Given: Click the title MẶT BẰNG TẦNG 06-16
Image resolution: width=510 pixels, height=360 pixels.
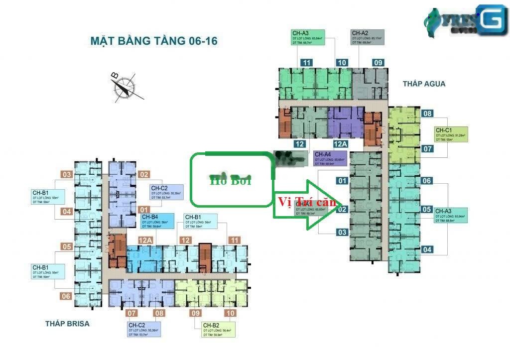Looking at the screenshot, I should pyautogui.click(x=154, y=41).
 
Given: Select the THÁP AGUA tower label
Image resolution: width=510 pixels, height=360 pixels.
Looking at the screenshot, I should pyautogui.click(x=424, y=84).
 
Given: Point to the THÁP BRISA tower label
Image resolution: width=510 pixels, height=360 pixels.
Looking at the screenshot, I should pyautogui.click(x=67, y=324).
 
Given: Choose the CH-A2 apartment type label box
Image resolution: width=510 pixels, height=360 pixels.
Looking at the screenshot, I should pyautogui.click(x=368, y=38).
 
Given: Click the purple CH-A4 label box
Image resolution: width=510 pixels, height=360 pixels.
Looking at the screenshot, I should pyautogui.click(x=330, y=159).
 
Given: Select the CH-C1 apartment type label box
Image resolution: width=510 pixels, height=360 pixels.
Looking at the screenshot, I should pyautogui.click(x=451, y=134).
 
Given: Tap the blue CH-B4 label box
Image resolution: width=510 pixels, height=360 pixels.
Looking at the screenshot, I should pyautogui.click(x=157, y=221).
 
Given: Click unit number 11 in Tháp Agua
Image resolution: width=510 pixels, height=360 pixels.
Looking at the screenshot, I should pyautogui.click(x=306, y=63).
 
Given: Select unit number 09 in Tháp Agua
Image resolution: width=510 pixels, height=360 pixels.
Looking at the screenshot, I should pyautogui.click(x=379, y=63).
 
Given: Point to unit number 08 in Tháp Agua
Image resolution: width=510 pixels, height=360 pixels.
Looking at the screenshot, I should pyautogui.click(x=427, y=114).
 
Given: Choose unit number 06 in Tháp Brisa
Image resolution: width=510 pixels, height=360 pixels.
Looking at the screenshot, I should pyautogui.click(x=66, y=296).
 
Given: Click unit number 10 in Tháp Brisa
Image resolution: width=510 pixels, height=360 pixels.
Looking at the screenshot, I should pyautogui.click(x=230, y=313).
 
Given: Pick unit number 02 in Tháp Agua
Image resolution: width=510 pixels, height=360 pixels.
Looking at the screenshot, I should pyautogui.click(x=342, y=210).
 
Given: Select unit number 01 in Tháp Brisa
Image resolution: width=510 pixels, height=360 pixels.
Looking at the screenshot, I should pyautogui.click(x=144, y=210).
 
